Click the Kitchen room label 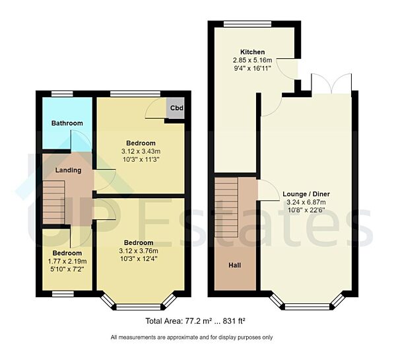(253, 52)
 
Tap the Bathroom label (67, 123)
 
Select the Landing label (68, 170)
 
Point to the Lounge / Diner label (306, 194)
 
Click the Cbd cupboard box (176, 108)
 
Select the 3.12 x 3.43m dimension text (141, 151)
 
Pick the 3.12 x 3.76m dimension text (139, 251)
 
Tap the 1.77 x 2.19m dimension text (67, 261)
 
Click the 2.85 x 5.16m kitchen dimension (253, 59)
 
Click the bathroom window (63, 94)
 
